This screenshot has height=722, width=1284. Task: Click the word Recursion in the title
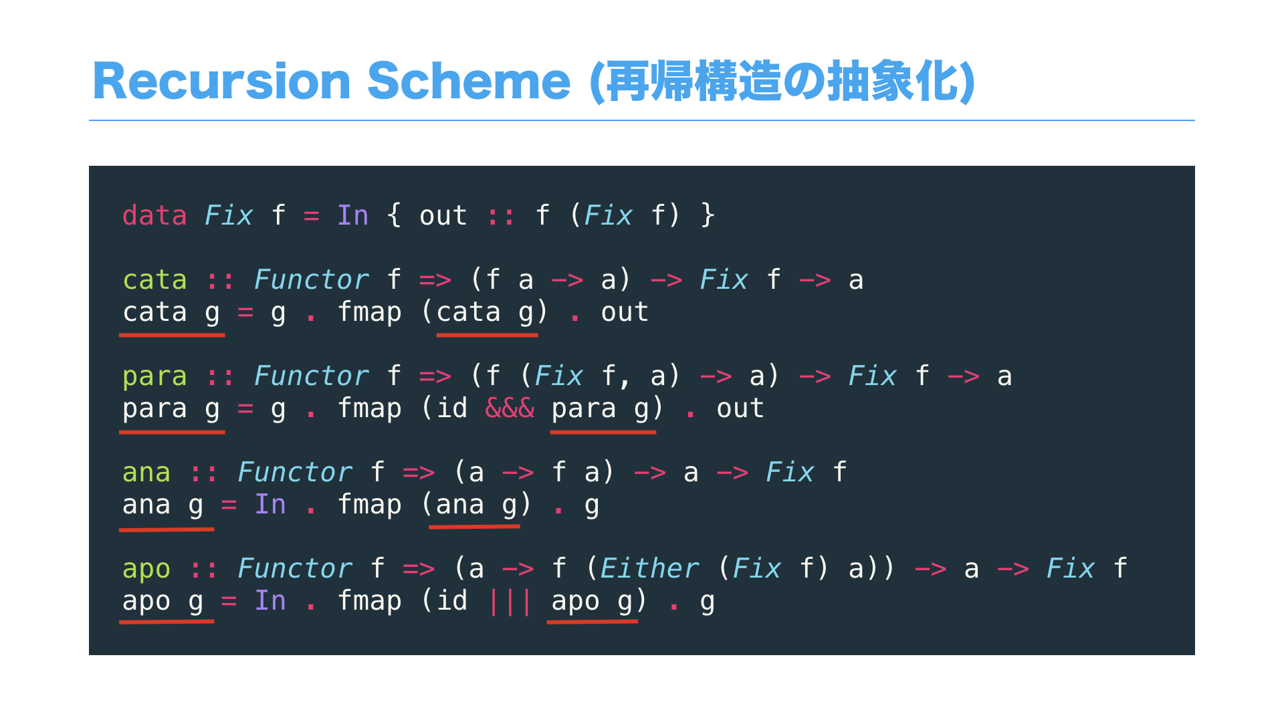click(x=221, y=82)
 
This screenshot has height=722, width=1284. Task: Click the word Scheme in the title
click(x=468, y=82)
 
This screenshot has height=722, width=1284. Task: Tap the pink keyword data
click(x=154, y=216)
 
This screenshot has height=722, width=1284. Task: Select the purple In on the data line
click(x=352, y=216)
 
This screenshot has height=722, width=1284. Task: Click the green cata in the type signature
click(x=154, y=280)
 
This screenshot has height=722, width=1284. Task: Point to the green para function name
click(x=154, y=376)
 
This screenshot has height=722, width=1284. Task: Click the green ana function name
click(x=146, y=473)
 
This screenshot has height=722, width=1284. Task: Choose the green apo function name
click(x=146, y=569)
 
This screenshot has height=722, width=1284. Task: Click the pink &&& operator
click(x=510, y=408)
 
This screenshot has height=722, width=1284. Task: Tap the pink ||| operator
click(x=510, y=601)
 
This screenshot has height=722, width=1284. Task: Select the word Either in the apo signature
click(x=649, y=569)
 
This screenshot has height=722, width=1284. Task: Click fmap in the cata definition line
click(x=369, y=312)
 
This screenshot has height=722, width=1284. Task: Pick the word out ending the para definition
click(x=740, y=408)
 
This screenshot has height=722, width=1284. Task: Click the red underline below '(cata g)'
click(x=487, y=334)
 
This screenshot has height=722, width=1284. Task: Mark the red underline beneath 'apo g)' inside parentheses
click(x=592, y=622)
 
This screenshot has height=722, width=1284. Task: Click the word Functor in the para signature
click(x=311, y=376)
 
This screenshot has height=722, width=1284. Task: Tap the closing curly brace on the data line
click(x=708, y=216)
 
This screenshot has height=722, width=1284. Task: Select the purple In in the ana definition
click(x=270, y=505)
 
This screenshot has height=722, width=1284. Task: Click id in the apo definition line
click(x=452, y=601)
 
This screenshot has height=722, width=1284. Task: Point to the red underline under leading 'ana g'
click(x=167, y=529)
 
